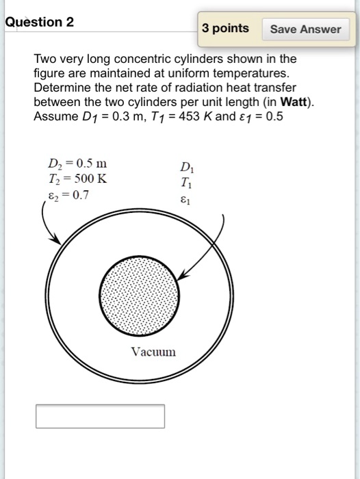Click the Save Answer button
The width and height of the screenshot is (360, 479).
point(305,29)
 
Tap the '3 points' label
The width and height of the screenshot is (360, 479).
point(226,28)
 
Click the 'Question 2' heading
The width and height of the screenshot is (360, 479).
point(40,22)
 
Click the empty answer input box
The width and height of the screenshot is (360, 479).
point(100,416)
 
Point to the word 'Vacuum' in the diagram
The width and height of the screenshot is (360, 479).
point(153,352)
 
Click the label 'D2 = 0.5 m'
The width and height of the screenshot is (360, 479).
point(77,164)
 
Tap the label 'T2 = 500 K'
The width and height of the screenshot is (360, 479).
point(76,180)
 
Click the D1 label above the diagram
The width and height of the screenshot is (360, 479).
point(186,167)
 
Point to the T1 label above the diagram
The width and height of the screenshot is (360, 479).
point(186,183)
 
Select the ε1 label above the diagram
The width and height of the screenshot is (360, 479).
point(186,200)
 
